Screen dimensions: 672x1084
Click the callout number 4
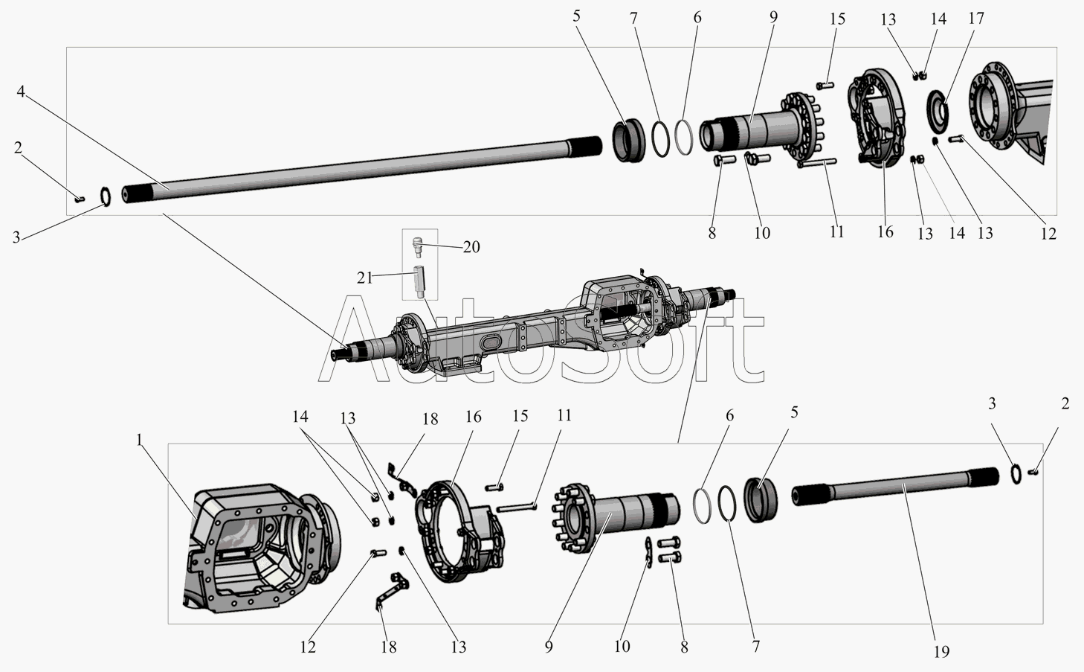click(21, 91)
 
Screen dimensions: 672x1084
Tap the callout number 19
click(941, 651)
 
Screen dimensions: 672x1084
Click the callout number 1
click(139, 440)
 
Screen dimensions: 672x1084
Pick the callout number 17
click(976, 19)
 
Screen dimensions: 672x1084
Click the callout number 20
click(471, 247)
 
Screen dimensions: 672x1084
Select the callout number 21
click(364, 278)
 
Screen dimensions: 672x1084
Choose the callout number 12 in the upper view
click(1048, 234)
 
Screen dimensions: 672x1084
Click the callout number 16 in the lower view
click(474, 417)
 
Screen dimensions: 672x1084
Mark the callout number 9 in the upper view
click(773, 18)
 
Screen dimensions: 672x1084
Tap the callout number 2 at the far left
click(18, 147)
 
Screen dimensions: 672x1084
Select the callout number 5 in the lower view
click(794, 412)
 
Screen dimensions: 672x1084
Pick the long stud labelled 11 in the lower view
click(517, 508)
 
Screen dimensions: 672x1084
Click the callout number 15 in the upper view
click(837, 19)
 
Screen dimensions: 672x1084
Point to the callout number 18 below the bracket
click(389, 647)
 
